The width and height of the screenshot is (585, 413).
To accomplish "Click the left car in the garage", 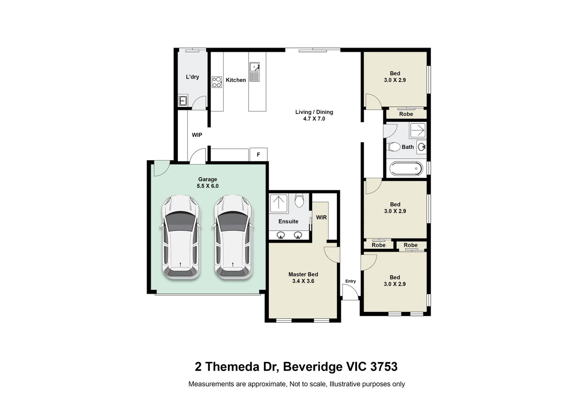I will click(180, 237).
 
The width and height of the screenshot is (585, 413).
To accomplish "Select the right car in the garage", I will click(233, 237).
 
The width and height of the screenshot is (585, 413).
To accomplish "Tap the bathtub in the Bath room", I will click(406, 168).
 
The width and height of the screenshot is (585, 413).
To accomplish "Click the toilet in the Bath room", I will click(394, 147).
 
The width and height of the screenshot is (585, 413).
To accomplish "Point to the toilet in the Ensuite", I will click(299, 200).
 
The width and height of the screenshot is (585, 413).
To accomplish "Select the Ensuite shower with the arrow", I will click(278, 203).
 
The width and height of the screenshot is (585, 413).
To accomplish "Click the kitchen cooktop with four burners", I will click(217, 82).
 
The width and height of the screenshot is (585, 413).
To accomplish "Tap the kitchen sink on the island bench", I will click(255, 68).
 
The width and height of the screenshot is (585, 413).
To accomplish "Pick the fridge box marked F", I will click(258, 154).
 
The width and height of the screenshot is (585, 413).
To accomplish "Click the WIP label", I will click(197, 135).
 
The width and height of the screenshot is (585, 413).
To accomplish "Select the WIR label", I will click(321, 218).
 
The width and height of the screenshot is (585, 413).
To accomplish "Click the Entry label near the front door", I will click(350, 281).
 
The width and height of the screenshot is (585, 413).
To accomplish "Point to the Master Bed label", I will click(303, 274).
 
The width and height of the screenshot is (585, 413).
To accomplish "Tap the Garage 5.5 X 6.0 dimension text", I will click(208, 186).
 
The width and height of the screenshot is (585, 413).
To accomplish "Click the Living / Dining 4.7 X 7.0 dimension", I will click(314, 119).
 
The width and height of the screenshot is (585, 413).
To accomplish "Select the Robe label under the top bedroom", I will click(406, 114).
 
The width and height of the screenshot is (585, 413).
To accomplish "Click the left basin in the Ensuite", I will click(281, 235).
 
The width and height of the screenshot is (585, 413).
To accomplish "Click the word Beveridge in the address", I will click(313, 367).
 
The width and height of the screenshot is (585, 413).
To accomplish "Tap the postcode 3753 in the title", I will click(384, 367).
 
